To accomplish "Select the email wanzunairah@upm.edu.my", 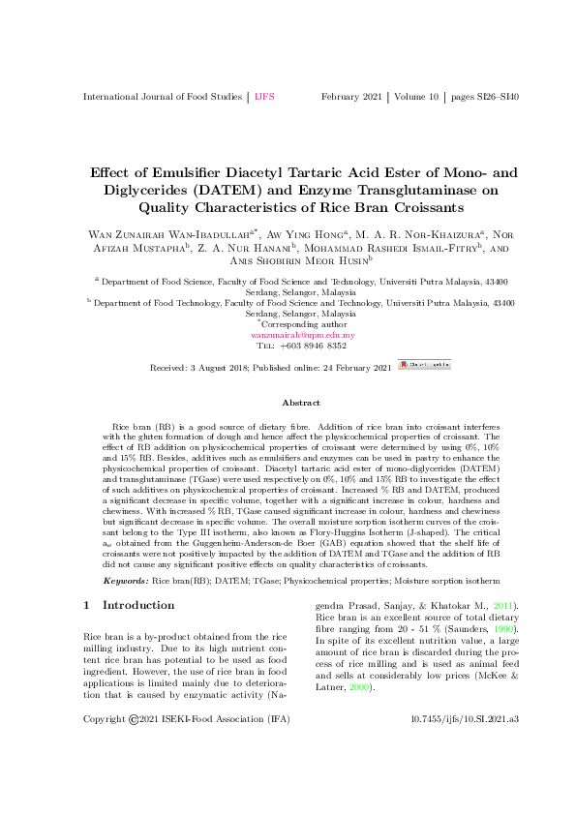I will pyautogui.click(x=303, y=335).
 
